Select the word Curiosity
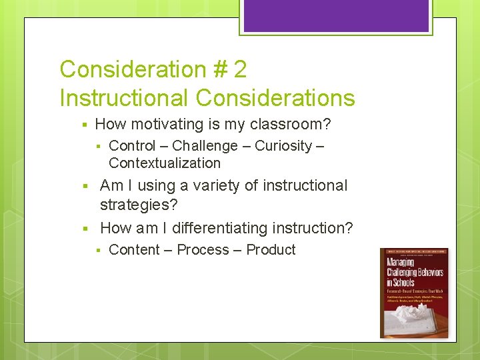[x=283, y=146]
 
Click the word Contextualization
[x=164, y=163]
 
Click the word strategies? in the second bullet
[x=139, y=205]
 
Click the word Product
[x=271, y=250]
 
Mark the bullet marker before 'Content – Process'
[x=97, y=251]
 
